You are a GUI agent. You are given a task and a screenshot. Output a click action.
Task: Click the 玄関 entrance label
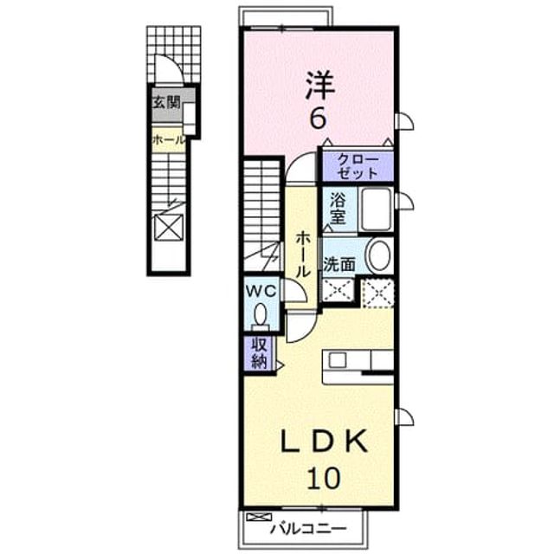click(x=166, y=102)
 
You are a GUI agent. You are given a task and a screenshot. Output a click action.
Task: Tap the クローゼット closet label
click(x=358, y=166)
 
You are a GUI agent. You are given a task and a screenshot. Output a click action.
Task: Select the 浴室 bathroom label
click(x=338, y=209)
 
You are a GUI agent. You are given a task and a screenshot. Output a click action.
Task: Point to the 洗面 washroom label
click(x=339, y=264)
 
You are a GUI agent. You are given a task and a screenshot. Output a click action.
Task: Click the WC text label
click(x=261, y=292)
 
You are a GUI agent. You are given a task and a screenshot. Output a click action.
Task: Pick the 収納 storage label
click(x=259, y=353)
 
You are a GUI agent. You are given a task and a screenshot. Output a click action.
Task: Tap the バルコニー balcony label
click(x=308, y=529)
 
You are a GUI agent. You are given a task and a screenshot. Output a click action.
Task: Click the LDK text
click(x=324, y=441)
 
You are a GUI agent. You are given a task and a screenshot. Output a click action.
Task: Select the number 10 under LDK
click(x=323, y=478)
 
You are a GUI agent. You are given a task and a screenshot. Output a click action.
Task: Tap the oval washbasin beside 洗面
click(x=379, y=255)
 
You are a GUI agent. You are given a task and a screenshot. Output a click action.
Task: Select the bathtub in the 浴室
click(x=377, y=209)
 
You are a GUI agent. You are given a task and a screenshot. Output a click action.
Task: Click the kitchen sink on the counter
click(x=338, y=360)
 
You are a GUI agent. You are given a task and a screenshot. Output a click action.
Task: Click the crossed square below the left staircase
click(x=169, y=228)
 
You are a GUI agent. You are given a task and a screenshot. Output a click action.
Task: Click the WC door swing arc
click(x=296, y=291)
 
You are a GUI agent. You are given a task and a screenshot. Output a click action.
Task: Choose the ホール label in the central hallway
click(x=302, y=254)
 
